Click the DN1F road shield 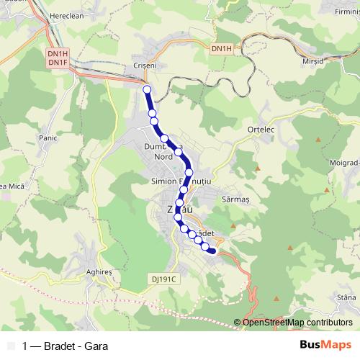coord(58,63)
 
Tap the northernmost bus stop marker coord(148,89)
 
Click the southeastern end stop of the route coord(212,251)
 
